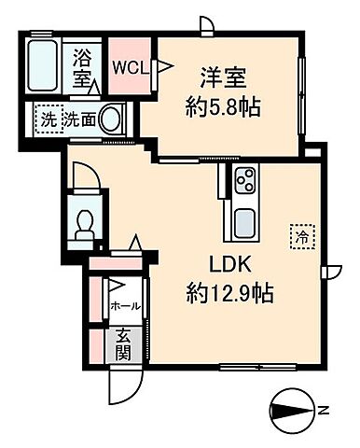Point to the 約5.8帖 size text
(222, 105)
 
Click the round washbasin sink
(111, 119)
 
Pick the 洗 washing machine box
(48, 119)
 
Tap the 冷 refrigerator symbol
(302, 236)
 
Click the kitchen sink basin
(245, 224)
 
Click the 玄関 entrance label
(122, 344)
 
